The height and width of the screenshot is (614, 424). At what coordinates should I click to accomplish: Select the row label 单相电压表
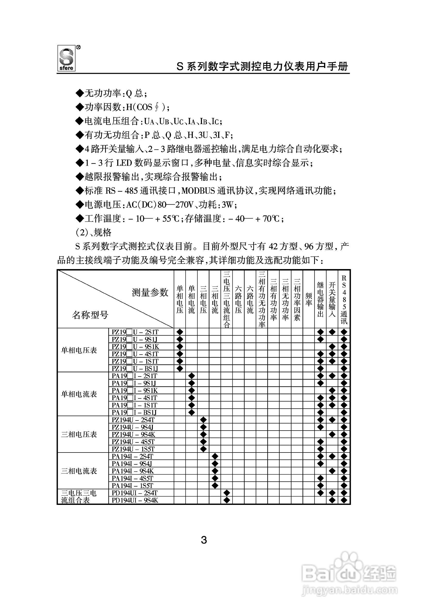tap(79, 350)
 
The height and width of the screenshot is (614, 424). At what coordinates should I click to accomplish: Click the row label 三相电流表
tap(79, 471)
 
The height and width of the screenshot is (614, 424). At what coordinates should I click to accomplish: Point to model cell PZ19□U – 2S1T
tap(135, 332)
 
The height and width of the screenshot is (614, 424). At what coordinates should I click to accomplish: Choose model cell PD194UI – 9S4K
tap(135, 500)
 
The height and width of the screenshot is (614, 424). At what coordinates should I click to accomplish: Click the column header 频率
tap(308, 300)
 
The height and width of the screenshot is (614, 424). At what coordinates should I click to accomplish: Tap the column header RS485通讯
tap(344, 300)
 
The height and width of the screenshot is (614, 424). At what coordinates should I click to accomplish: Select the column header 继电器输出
tap(320, 300)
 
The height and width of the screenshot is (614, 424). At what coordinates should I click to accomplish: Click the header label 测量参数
tap(150, 293)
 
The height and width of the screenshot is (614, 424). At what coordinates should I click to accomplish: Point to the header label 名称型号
tap(90, 315)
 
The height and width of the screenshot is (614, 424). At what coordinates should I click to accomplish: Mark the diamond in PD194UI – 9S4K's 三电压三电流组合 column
tap(227, 500)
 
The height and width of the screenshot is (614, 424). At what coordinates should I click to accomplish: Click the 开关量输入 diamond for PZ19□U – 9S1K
tap(332, 346)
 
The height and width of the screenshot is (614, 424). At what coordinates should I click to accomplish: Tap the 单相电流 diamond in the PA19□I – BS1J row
tap(192, 412)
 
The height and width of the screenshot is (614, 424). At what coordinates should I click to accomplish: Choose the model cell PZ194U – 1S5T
tap(133, 449)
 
